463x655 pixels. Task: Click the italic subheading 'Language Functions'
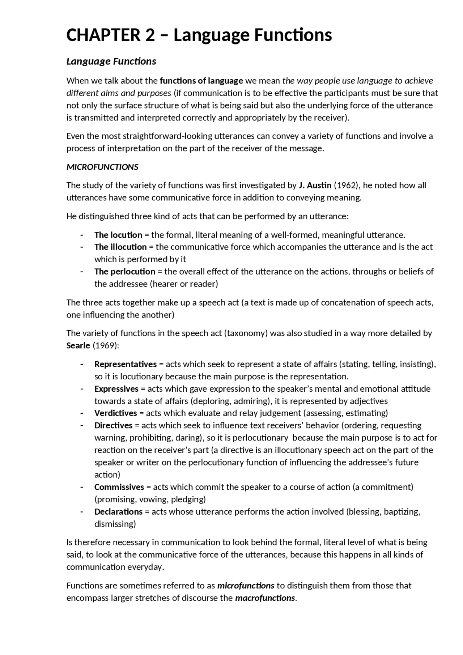coord(111,61)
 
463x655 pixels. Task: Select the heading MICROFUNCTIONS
coord(102,167)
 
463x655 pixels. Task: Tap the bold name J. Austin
coord(315,186)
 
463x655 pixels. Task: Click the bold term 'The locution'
coord(118,235)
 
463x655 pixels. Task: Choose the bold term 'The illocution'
coord(120,247)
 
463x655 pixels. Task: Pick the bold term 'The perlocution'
coord(125,272)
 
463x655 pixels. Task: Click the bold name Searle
coord(78,345)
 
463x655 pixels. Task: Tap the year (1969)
coord(106,345)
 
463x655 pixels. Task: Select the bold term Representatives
coord(126,364)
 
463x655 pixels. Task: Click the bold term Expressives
coord(116,389)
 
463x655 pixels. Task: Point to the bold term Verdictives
coord(116,413)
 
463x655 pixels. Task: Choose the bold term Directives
coord(114,425)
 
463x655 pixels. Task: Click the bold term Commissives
coord(119,487)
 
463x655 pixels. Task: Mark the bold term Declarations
coord(119,512)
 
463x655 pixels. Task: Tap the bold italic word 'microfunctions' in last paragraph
coord(246,586)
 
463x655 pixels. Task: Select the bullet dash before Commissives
coord(82,487)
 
